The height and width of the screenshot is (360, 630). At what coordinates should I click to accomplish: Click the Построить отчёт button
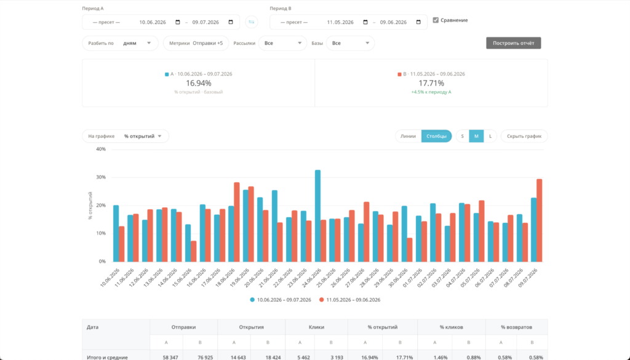tap(514, 43)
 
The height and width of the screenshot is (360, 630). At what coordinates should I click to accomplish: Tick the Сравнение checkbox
tap(436, 20)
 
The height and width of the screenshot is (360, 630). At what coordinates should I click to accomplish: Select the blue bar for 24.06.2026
tap(318, 216)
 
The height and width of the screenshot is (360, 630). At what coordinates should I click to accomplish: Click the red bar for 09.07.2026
tap(539, 220)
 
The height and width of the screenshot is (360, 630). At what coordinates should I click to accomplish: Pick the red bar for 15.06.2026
tap(194, 251)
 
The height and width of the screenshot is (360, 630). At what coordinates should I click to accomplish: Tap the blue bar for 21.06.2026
tap(274, 226)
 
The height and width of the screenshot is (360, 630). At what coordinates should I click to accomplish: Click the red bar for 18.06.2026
tap(237, 222)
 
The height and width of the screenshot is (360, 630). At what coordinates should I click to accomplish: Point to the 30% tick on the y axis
tap(101, 177)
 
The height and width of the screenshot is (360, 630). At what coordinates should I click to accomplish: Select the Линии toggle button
tap(408, 136)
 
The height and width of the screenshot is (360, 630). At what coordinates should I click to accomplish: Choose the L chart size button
tap(490, 136)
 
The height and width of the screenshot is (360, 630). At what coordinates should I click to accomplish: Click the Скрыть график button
tap(524, 136)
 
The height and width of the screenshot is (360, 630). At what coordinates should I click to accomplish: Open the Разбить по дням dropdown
tap(120, 43)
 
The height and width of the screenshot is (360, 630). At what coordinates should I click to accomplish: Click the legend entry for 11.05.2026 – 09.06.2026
tap(350, 300)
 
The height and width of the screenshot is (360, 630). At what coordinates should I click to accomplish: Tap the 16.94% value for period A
tap(199, 83)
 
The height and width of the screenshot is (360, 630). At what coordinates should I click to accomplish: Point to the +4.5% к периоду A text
tap(431, 92)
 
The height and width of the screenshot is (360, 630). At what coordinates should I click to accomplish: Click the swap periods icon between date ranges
tap(252, 22)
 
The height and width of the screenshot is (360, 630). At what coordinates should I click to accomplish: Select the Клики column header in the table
tap(317, 327)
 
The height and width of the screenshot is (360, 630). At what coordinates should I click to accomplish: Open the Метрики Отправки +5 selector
tap(196, 43)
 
